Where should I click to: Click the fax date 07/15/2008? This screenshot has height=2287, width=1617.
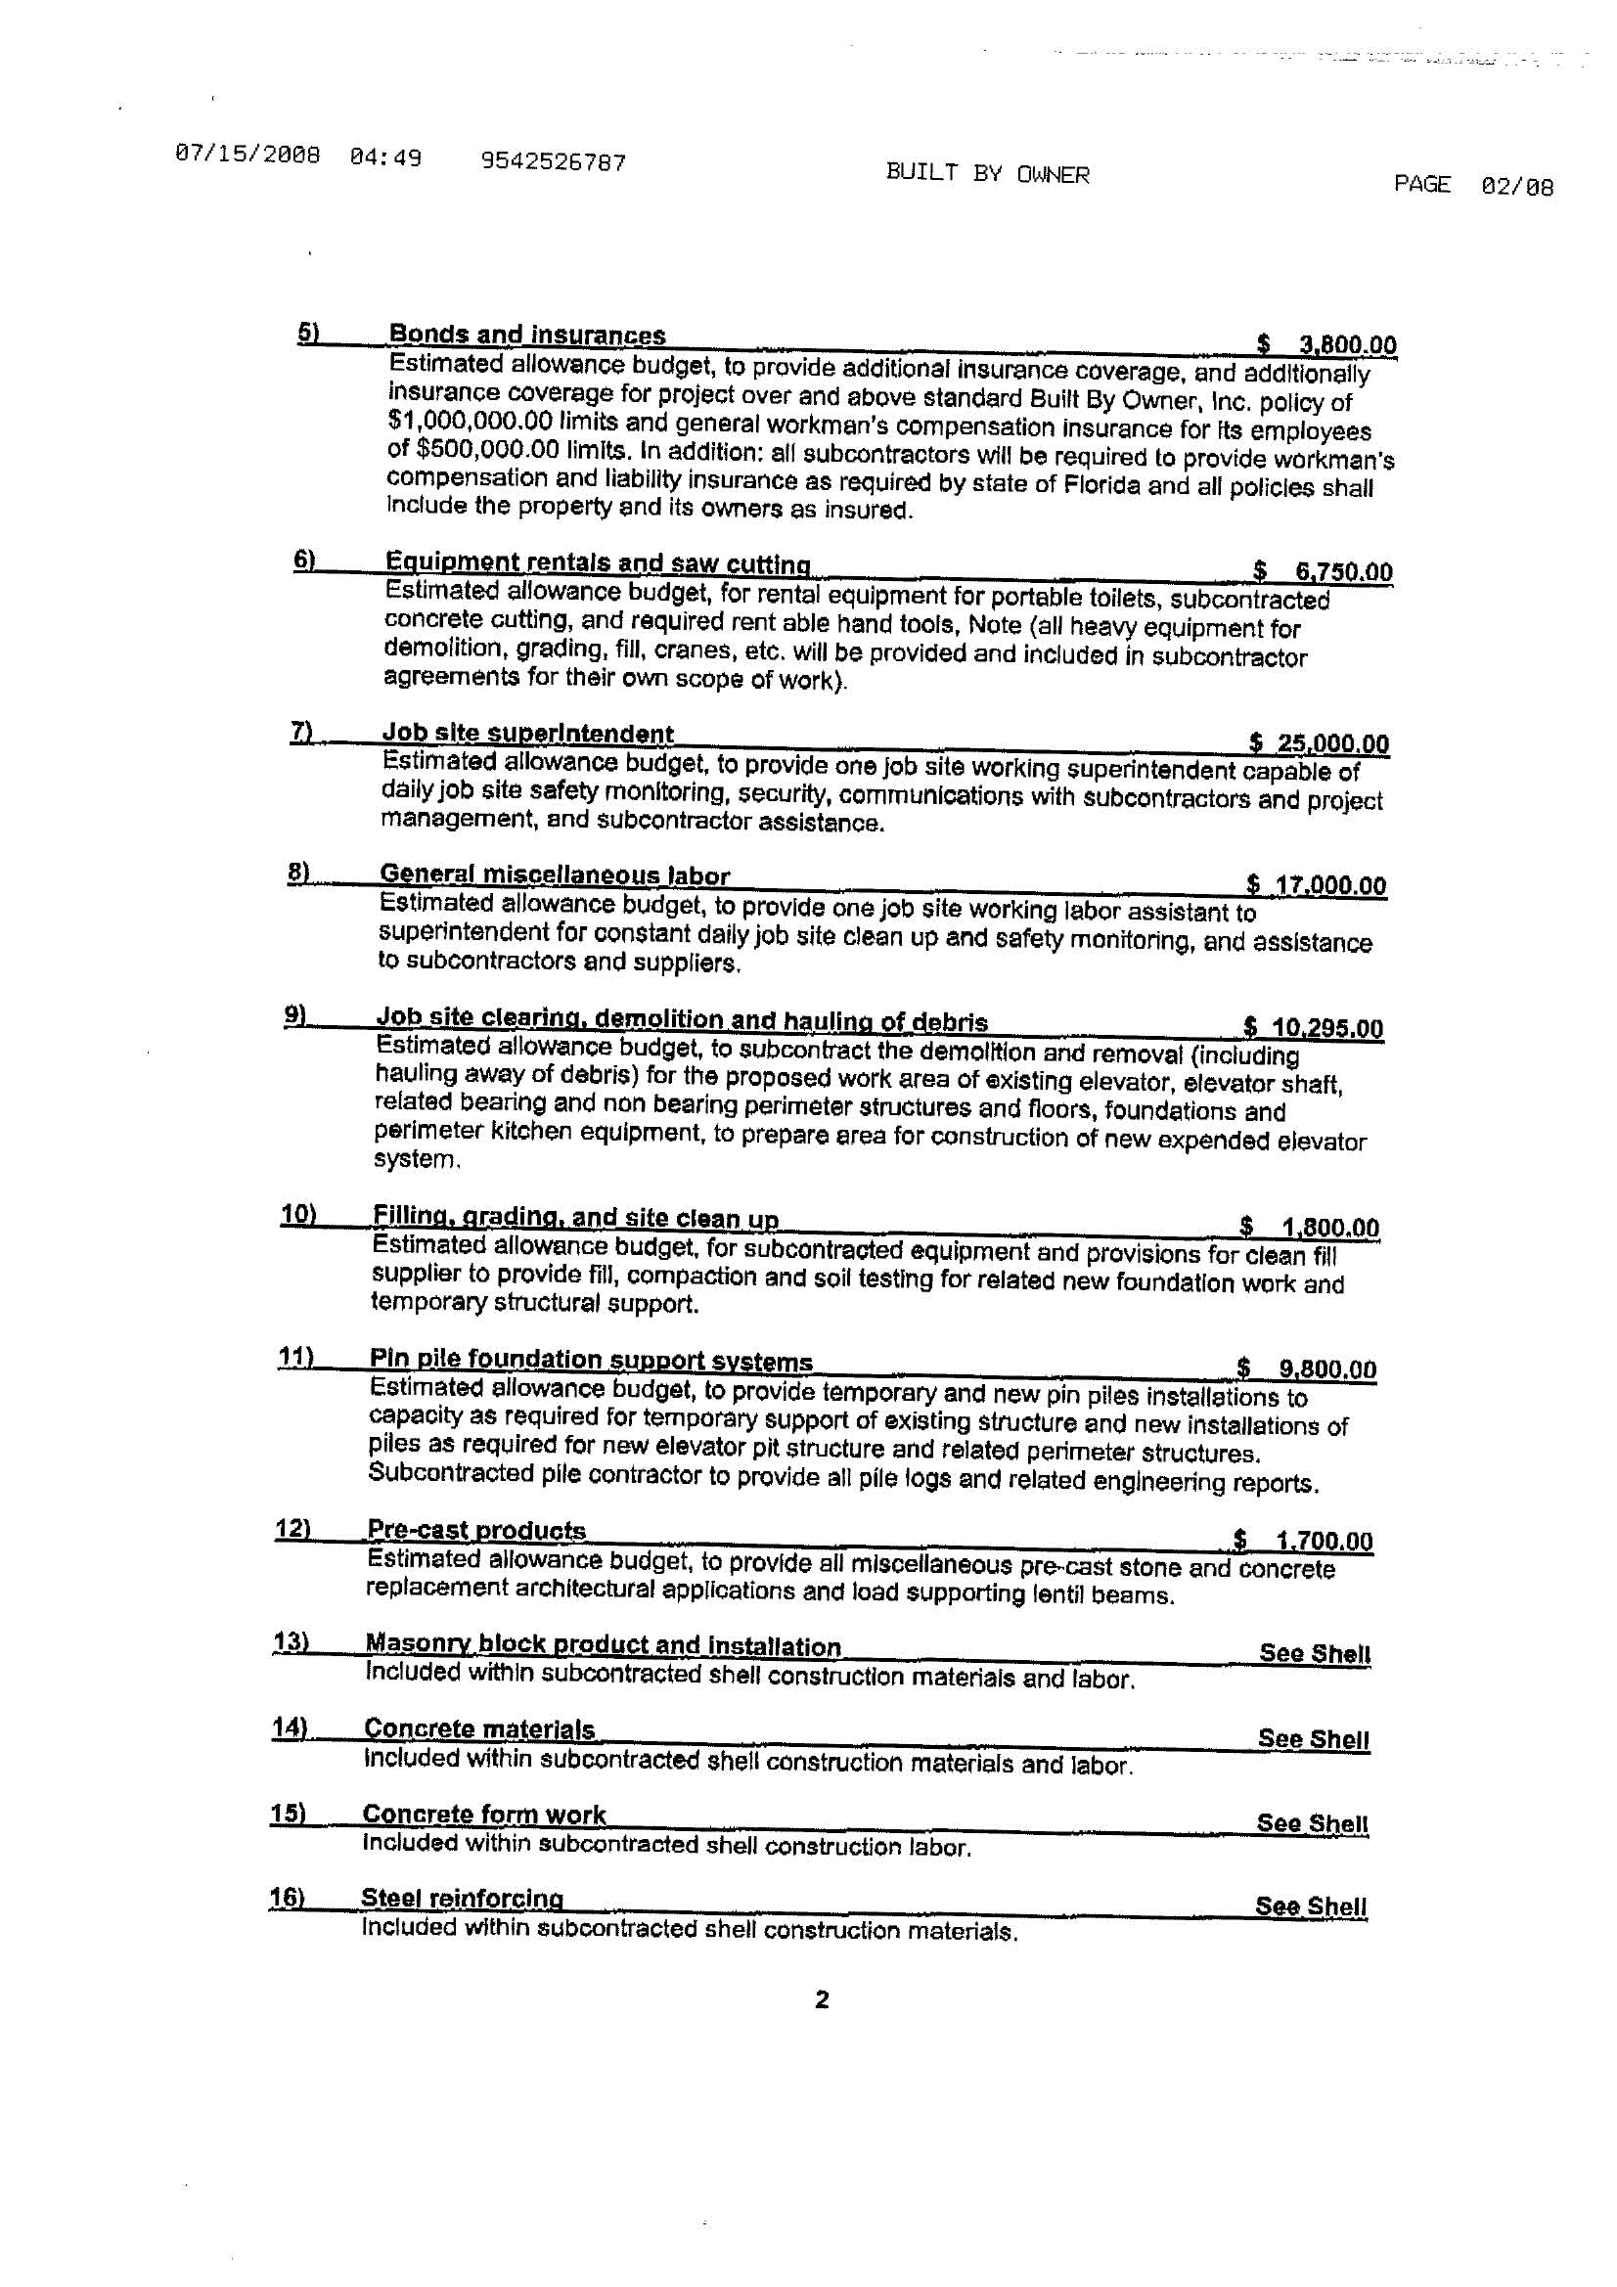pyautogui.click(x=247, y=156)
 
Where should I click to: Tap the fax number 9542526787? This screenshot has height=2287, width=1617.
pyautogui.click(x=553, y=161)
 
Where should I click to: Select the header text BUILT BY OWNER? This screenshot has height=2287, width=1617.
pyautogui.click(x=987, y=174)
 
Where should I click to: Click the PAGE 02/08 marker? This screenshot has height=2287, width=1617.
pyautogui.click(x=1472, y=185)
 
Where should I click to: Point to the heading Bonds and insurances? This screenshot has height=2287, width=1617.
pyautogui.click(x=527, y=335)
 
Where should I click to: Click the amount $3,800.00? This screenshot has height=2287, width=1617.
pyautogui.click(x=1326, y=344)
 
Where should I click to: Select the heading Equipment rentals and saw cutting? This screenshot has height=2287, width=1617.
pyautogui.click(x=598, y=562)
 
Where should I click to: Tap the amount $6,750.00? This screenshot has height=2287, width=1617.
pyautogui.click(x=1324, y=571)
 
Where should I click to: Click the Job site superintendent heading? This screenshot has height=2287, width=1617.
pyautogui.click(x=528, y=734)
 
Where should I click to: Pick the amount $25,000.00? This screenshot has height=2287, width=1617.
pyautogui.click(x=1319, y=743)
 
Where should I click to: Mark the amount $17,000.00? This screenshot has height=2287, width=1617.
pyautogui.click(x=1316, y=884)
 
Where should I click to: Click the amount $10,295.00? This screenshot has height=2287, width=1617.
pyautogui.click(x=1313, y=1027)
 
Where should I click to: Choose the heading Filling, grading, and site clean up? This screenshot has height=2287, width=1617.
pyautogui.click(x=575, y=1217)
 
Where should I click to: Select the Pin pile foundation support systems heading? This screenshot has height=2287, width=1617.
pyautogui.click(x=591, y=1360)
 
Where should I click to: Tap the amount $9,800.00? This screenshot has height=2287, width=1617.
pyautogui.click(x=1306, y=1368)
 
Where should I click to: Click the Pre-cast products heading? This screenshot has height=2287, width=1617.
pyautogui.click(x=476, y=1529)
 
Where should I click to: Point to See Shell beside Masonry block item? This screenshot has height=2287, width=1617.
pyautogui.click(x=1315, y=1652)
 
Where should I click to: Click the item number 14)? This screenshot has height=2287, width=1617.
pyautogui.click(x=289, y=1727)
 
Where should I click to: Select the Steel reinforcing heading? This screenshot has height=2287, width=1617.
pyautogui.click(x=463, y=1898)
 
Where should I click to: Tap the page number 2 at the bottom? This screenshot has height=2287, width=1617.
pyautogui.click(x=822, y=1999)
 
